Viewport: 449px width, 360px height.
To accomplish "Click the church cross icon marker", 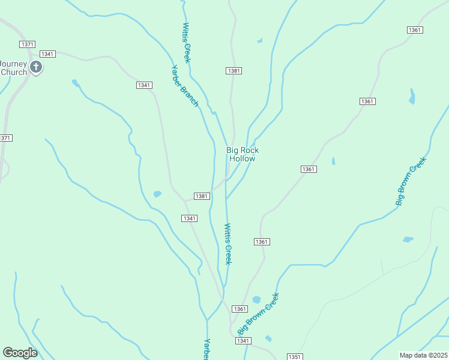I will coord(36,67).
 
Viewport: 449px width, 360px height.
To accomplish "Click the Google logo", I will coord(20,352).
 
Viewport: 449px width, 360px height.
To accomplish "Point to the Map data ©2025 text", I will coord(424,355).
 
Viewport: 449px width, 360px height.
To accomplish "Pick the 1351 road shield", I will coord(294,356).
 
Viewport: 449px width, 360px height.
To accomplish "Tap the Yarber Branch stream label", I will coord(185,85).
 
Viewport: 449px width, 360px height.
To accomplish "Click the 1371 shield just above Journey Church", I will coord(27,44).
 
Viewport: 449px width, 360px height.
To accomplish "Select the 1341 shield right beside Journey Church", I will coord(48,54).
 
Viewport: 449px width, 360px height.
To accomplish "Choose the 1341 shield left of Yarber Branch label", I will coord(144,85).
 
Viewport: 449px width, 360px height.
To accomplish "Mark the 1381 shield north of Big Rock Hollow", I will coord(234,71).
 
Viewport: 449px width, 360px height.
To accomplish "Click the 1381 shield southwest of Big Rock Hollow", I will coord(202,196).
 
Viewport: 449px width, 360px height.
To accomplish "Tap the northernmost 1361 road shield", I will coord(414,30).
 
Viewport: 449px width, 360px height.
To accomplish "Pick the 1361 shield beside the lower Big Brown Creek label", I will coord(240,309).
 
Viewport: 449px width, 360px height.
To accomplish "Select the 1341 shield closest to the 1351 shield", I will coord(243,341).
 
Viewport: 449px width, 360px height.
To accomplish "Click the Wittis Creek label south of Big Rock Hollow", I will coord(228,244).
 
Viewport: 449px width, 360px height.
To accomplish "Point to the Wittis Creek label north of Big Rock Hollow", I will coord(187,43).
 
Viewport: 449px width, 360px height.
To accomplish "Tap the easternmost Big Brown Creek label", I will coord(411,181).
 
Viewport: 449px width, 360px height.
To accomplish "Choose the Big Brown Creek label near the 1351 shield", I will coord(259,314).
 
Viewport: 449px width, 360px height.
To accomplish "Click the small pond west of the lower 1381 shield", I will coord(157,194).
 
